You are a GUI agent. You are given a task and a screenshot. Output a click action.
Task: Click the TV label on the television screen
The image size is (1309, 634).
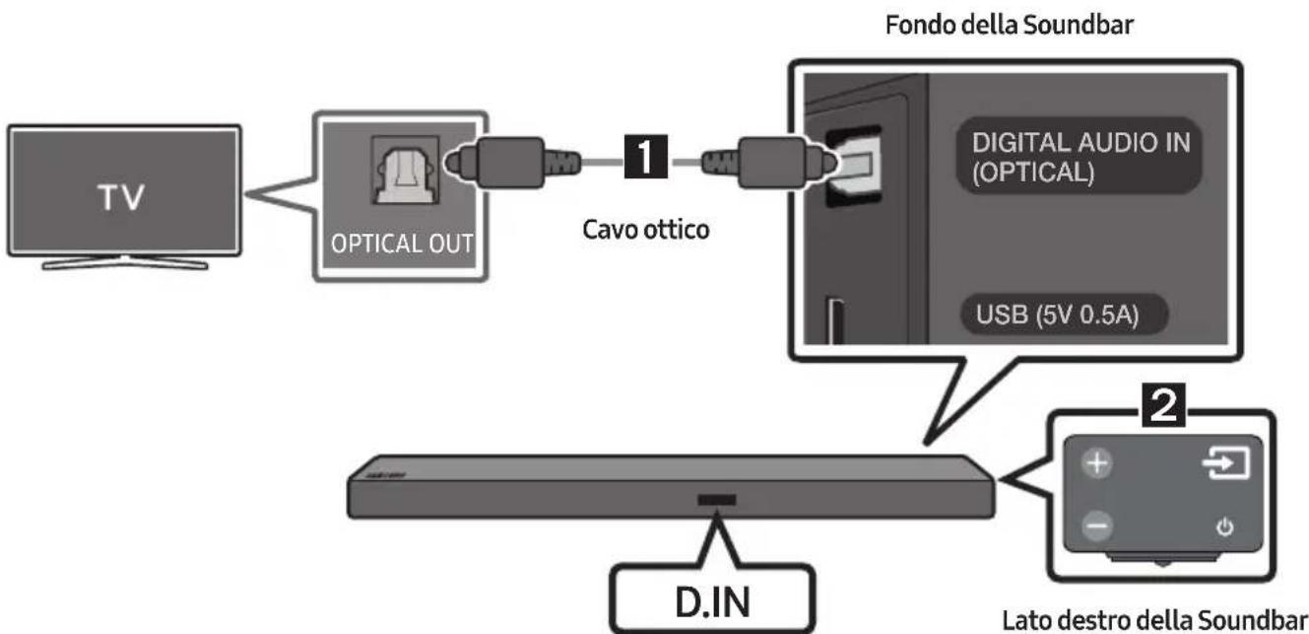(120, 196)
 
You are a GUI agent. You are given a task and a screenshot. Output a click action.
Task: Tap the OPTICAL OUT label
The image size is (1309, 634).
(402, 244)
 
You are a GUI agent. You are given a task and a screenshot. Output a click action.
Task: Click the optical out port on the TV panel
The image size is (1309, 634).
(405, 171)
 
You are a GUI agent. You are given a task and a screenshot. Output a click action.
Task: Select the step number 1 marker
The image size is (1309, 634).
(646, 156)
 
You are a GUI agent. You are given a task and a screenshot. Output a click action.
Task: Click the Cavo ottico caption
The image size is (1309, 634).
(646, 230)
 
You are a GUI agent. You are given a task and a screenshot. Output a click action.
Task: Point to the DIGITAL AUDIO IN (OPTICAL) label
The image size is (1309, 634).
(1080, 157)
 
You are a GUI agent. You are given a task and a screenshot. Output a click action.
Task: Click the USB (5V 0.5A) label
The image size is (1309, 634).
(1057, 315)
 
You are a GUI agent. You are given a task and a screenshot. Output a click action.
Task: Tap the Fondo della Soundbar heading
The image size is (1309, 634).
(1010, 26)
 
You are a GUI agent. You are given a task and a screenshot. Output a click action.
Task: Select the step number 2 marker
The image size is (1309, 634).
(1163, 404)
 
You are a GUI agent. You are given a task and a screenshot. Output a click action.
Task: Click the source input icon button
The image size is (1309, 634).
(1226, 463)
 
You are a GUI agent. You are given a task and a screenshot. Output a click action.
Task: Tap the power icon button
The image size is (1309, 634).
(1225, 527)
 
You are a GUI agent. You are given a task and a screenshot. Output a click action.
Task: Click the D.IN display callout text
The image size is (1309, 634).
(712, 601)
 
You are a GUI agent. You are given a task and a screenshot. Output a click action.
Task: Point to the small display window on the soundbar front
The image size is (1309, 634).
(716, 500)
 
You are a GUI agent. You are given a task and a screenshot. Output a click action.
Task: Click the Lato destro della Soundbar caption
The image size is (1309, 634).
(1155, 620)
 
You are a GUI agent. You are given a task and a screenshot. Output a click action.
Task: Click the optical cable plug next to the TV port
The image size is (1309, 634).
(512, 162)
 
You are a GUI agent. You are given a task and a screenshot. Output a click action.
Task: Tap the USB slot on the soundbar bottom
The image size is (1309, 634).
(836, 321)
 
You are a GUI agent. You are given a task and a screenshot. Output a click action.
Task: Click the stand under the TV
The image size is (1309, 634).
(124, 262)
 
